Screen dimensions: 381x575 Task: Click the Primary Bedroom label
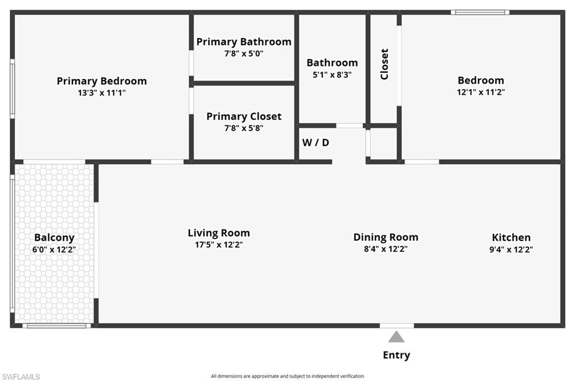[102, 81]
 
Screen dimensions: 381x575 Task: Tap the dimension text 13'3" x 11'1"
[102, 93]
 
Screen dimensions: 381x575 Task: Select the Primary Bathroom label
[244, 42]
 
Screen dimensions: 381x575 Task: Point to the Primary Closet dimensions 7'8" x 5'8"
[244, 127]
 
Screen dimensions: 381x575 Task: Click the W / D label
[316, 143]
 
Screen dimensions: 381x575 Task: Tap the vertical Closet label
[385, 64]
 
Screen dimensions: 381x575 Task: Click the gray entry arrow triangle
[396, 337]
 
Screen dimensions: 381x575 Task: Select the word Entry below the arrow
[396, 355]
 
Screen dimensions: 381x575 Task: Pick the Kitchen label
[511, 237]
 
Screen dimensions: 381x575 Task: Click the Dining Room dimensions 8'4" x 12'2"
[385, 249]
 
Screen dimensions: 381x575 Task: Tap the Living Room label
[218, 233]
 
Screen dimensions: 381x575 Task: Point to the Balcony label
[54, 237]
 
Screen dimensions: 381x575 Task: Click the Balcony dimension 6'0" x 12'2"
[54, 249]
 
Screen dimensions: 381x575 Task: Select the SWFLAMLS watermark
[21, 377]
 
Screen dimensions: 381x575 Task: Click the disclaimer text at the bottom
[287, 376]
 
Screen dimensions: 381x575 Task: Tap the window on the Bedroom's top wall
[480, 12]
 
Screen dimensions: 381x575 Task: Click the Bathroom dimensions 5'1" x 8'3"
[332, 74]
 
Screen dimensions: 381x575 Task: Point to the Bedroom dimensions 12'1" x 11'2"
[481, 93]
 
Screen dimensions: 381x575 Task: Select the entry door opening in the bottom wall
[396, 325]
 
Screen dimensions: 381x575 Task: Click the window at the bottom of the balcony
[55, 325]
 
